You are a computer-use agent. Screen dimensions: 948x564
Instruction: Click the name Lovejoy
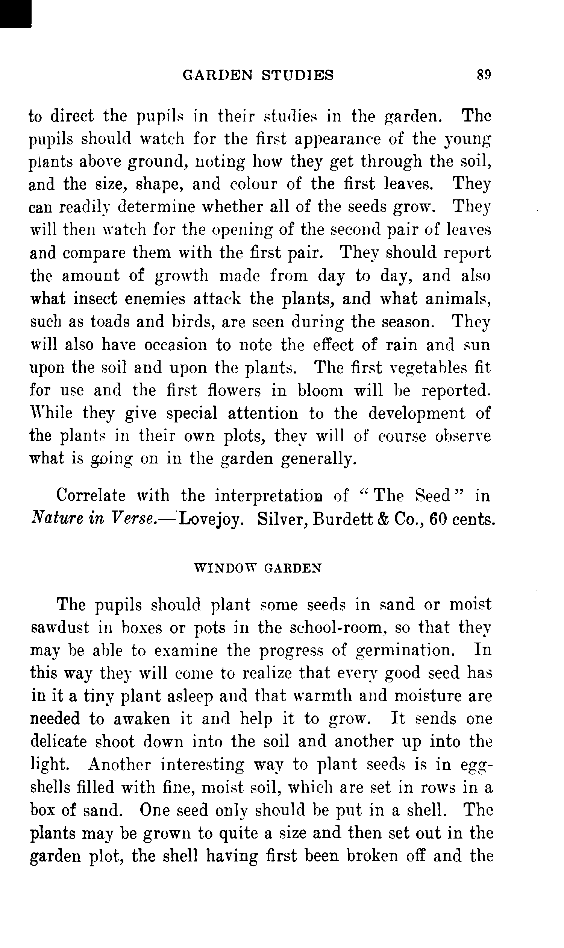[x=211, y=519]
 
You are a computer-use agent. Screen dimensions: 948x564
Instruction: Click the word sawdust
[x=60, y=627]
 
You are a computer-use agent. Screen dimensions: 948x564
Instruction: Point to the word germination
[x=405, y=650]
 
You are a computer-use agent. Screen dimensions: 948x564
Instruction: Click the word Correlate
[x=91, y=496]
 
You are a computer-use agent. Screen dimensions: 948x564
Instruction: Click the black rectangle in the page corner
[x=15, y=14]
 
